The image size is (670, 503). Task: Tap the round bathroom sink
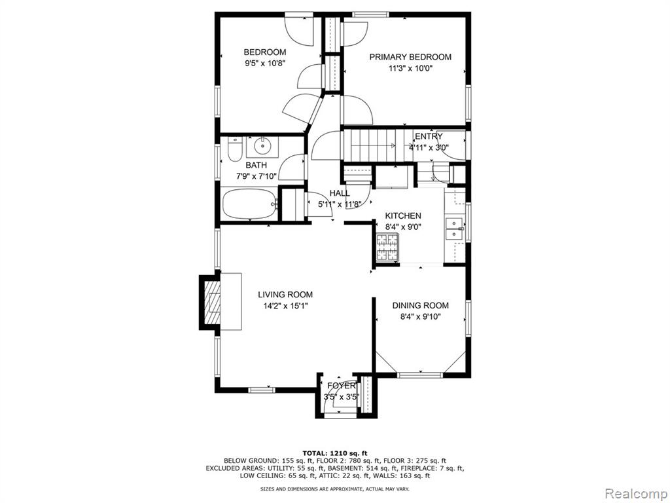click(262, 147)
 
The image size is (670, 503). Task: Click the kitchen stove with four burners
click(387, 247)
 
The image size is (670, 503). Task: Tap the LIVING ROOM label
click(285, 294)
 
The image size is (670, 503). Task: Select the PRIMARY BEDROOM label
click(410, 57)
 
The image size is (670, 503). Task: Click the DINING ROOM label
click(421, 305)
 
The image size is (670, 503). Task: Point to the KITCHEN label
click(403, 215)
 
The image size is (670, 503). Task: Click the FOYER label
click(342, 385)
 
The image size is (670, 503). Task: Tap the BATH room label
click(256, 165)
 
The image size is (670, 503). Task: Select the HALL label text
click(340, 193)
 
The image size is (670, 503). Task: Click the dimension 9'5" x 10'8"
click(264, 64)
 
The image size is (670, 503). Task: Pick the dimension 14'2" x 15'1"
click(285, 306)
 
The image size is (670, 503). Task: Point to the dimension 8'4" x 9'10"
click(421, 317)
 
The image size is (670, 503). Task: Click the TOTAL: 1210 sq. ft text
click(335, 453)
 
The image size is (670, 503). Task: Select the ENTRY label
click(429, 136)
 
